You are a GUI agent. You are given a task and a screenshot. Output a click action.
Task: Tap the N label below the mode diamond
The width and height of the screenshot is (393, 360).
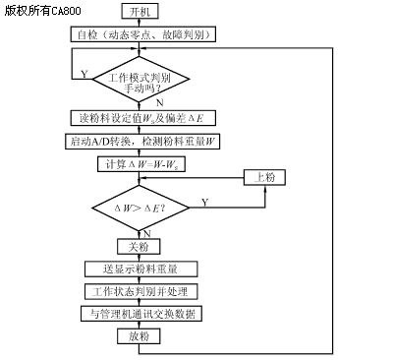pos(159,102)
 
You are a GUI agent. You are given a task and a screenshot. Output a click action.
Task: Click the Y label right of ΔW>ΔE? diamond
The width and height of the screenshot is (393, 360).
pos(204,201)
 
